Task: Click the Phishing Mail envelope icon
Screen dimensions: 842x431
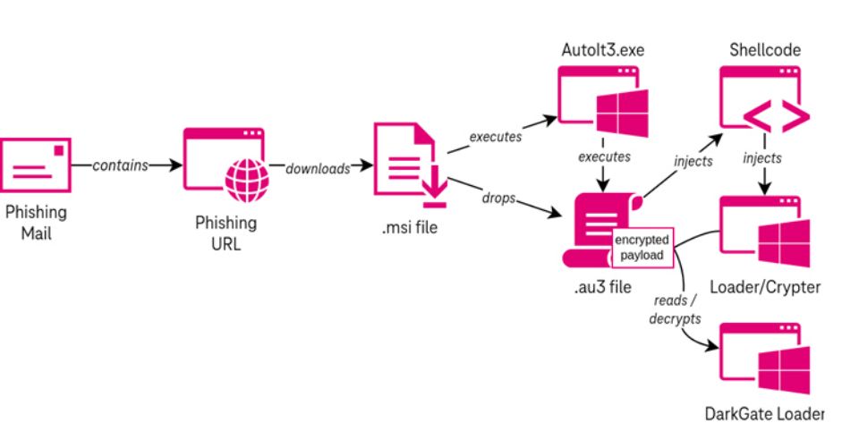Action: (36, 165)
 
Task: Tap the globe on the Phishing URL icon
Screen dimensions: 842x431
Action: (247, 181)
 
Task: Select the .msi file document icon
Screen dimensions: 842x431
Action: (411, 165)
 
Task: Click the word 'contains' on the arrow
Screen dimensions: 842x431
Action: (120, 165)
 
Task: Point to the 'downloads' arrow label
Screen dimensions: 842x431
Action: (318, 168)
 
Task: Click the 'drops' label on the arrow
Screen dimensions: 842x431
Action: (499, 198)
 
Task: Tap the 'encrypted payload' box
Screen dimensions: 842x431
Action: (642, 248)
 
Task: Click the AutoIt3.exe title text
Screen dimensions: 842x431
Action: (603, 50)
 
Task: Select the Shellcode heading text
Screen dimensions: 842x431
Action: (765, 50)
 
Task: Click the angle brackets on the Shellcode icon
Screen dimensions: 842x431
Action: (777, 116)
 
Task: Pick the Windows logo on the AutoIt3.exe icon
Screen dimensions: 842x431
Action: (623, 114)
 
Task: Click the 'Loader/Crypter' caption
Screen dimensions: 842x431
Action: (765, 287)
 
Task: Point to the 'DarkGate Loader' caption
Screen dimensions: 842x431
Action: (764, 414)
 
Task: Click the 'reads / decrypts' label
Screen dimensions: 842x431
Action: (675, 309)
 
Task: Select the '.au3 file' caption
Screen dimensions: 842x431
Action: (602, 287)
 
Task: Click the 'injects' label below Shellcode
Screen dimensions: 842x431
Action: (762, 158)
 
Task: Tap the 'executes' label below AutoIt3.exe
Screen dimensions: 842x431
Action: (604, 156)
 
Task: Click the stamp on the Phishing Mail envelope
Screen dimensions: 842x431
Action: (58, 151)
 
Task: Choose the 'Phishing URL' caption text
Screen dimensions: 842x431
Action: (225, 233)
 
